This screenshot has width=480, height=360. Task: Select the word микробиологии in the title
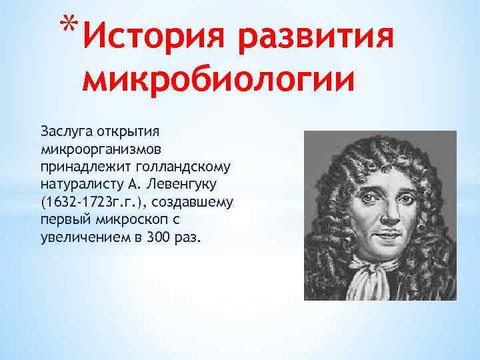[217, 83]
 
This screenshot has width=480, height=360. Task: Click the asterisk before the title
[67, 25]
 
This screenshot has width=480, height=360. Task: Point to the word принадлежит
[80, 163]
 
